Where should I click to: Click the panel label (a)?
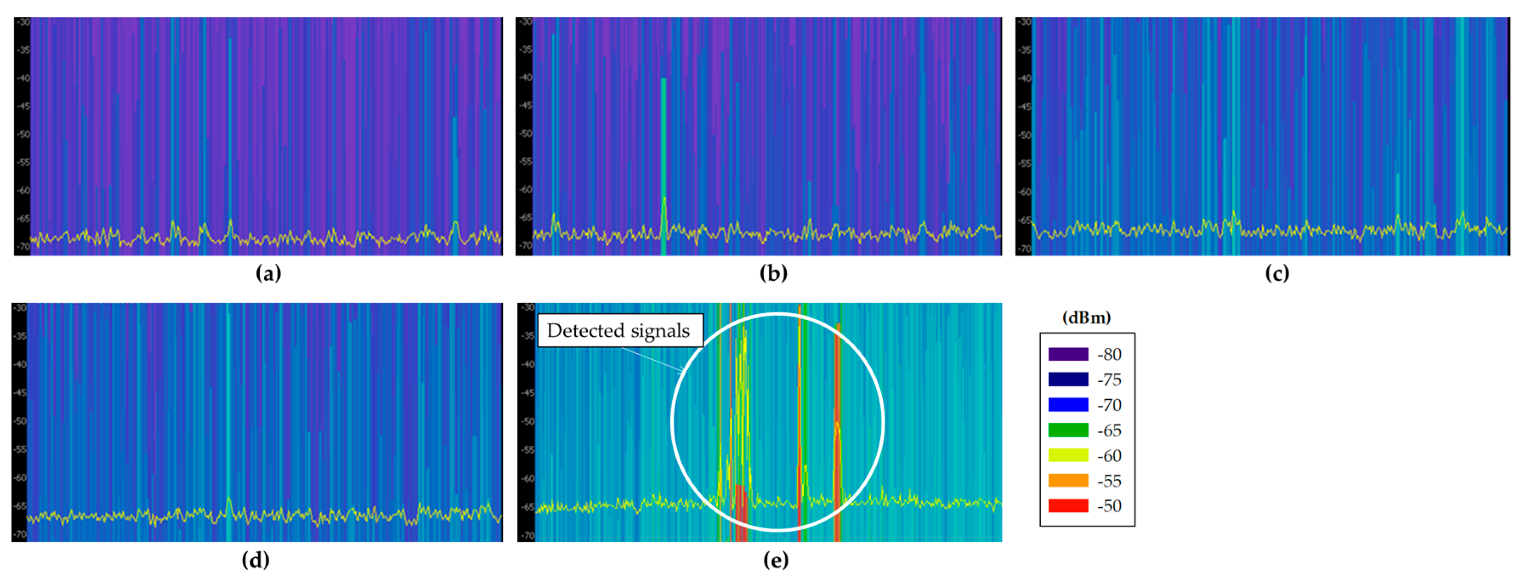pyautogui.click(x=268, y=273)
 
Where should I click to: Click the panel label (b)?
pyautogui.click(x=773, y=273)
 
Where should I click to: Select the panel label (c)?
pyautogui.click(x=1276, y=273)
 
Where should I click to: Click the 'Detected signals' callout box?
pyautogui.click(x=619, y=330)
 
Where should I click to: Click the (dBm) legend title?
pyautogui.click(x=1086, y=318)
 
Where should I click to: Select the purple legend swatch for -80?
pyautogui.click(x=1068, y=354)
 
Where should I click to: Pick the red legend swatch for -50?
pyautogui.click(x=1068, y=506)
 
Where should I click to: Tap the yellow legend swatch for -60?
pyautogui.click(x=1068, y=455)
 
